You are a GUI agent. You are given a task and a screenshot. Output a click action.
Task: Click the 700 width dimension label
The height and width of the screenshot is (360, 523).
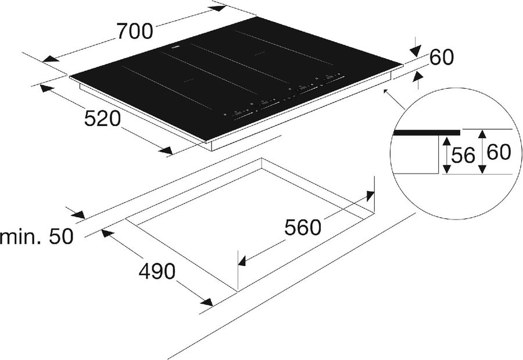134,31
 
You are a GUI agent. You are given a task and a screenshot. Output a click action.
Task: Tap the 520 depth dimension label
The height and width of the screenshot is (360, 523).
102,118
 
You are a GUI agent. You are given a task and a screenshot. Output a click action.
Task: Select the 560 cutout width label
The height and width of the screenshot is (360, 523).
303,228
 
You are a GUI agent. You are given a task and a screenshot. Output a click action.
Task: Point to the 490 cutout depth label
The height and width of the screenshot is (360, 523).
157,271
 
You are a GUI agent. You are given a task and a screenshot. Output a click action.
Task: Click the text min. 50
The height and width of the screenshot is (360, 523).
36,237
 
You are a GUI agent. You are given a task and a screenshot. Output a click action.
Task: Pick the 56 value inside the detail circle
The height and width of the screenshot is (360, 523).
463,155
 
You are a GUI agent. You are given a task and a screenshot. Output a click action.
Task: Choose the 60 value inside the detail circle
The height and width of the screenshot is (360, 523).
499,152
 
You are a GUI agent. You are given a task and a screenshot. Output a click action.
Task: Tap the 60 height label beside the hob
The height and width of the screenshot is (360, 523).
442,57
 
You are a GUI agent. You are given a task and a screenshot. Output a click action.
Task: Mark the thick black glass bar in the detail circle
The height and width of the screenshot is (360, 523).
427,132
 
